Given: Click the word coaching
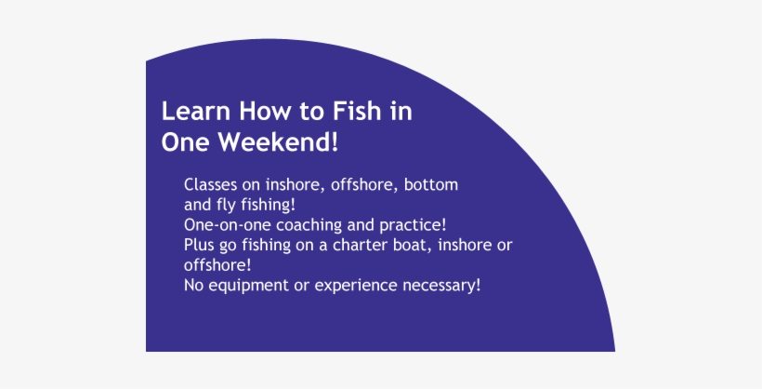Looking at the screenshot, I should [301, 225].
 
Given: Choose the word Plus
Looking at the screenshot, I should [200, 245].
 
